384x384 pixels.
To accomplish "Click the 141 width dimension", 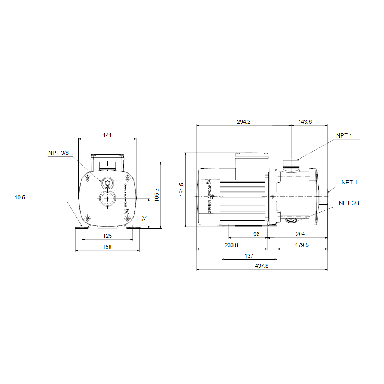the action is pyautogui.click(x=107, y=135).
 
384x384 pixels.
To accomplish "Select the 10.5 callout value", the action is pyautogui.click(x=20, y=198).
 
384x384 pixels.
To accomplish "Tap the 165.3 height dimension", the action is pyautogui.click(x=156, y=195).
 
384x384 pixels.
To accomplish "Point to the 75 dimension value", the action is pyautogui.click(x=144, y=218).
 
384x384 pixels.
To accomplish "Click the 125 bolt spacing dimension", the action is pyautogui.click(x=107, y=235).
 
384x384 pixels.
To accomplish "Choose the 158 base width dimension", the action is pyautogui.click(x=107, y=247).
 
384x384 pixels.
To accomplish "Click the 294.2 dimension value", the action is pyautogui.click(x=244, y=122).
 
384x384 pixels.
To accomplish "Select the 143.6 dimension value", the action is pyautogui.click(x=305, y=122).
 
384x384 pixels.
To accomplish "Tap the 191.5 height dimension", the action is pyautogui.click(x=181, y=189).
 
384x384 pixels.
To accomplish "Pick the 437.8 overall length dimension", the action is pyautogui.click(x=262, y=266).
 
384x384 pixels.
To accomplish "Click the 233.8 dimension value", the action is pyautogui.click(x=231, y=245).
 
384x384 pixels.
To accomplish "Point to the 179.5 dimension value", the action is pyautogui.click(x=302, y=245).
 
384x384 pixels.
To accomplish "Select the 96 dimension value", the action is pyautogui.click(x=256, y=234).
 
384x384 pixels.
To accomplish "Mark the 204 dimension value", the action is pyautogui.click(x=300, y=234).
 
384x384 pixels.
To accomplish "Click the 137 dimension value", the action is pyautogui.click(x=249, y=256).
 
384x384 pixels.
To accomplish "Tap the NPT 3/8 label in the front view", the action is pyautogui.click(x=58, y=153).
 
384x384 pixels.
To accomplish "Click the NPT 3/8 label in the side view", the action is pyautogui.click(x=349, y=203).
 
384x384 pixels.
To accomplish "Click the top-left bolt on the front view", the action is pyautogui.click(x=88, y=178).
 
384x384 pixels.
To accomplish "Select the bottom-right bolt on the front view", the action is pyautogui.click(x=127, y=218).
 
